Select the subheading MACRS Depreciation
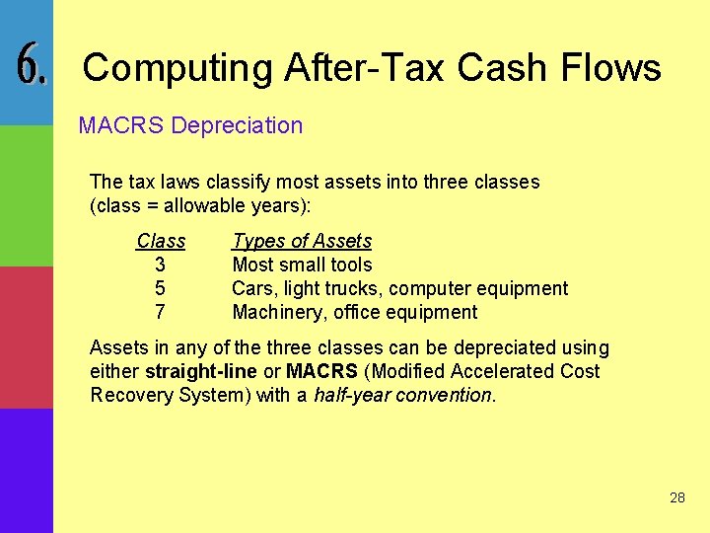pyautogui.click(x=190, y=125)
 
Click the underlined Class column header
pyautogui.click(x=161, y=241)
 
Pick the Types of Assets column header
pyautogui.click(x=302, y=241)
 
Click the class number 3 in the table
pyautogui.click(x=160, y=265)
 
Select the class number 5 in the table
pyautogui.click(x=160, y=288)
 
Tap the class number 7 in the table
pyautogui.click(x=160, y=312)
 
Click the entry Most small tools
pyautogui.click(x=302, y=265)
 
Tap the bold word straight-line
pyautogui.click(x=201, y=371)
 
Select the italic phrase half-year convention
pyautogui.click(x=402, y=395)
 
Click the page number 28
pyautogui.click(x=676, y=497)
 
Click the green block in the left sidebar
pyautogui.click(x=26, y=195)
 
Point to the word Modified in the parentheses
pyautogui.click(x=407, y=371)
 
